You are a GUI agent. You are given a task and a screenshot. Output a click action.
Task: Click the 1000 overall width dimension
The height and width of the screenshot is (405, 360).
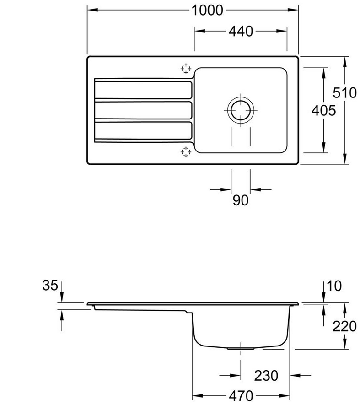coord(207,11)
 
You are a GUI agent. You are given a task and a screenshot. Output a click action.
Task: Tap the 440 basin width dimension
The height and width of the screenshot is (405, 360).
coord(241,31)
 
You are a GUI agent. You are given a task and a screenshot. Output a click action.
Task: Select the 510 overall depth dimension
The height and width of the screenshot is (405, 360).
coord(344,93)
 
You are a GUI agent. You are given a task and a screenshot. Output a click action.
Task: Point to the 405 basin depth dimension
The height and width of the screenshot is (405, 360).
coord(323,111)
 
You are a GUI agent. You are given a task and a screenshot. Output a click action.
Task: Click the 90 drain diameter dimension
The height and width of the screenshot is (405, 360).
coord(241,200)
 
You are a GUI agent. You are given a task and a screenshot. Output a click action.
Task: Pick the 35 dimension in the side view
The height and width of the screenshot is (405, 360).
coord(50,286)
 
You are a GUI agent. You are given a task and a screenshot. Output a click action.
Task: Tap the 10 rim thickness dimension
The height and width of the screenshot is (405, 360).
coord(334,286)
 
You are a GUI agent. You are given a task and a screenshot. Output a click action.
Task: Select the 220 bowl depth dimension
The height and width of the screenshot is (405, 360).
coord(344,326)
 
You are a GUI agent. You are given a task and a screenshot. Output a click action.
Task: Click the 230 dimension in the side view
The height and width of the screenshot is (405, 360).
coord(266,376)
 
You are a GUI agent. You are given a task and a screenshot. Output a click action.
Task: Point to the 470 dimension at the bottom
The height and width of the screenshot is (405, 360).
coord(241,396)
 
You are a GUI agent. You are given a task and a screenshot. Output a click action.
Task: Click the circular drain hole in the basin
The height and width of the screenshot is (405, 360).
coord(241,110)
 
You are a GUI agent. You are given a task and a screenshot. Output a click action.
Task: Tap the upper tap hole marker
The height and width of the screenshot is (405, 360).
coord(186,69)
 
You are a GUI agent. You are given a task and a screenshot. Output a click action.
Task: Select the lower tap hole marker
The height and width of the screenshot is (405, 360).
coord(186,152)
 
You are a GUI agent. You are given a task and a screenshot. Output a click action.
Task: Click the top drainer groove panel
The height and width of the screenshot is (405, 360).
coord(143,90)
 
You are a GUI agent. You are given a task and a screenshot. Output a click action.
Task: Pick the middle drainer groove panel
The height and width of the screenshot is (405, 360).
coord(143,110)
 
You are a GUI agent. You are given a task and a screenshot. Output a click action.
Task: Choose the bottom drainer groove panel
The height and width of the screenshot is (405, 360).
coord(143,130)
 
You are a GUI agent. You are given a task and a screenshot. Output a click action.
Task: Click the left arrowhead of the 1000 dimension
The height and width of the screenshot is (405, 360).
coord(93,10)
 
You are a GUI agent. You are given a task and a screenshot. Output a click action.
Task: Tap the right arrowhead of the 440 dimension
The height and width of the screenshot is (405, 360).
coord(281,31)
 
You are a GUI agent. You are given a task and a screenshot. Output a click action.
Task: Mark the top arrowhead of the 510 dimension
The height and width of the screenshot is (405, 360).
coord(344,62)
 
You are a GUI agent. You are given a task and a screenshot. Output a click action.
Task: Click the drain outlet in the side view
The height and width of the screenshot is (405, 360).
coord(241,348)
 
